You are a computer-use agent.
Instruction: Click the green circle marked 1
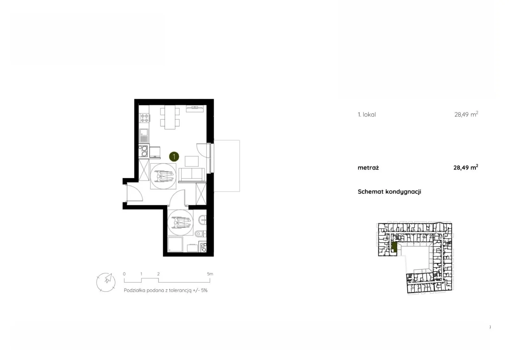pos(174,157)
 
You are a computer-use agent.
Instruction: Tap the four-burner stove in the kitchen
pos(144,118)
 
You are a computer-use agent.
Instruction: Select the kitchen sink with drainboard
pos(144,136)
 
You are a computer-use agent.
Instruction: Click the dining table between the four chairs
pos(170,117)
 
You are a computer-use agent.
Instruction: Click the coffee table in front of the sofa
pos(192,161)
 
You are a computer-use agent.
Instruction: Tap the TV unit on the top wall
pos(195,109)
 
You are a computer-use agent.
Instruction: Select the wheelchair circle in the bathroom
pos(180,222)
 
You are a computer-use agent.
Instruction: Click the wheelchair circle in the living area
pos(163,176)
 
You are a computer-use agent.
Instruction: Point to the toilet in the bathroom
pos(200,234)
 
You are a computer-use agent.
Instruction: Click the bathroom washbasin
pos(202,220)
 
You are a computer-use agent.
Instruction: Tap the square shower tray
pos(175,244)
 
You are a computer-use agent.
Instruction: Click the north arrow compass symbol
pos(106,282)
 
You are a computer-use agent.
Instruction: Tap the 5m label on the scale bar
pos(210,274)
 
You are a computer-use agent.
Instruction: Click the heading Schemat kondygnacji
pos(389,192)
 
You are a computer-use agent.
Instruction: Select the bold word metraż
pos(368,168)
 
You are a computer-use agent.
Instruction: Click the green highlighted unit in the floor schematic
pos(394,247)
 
